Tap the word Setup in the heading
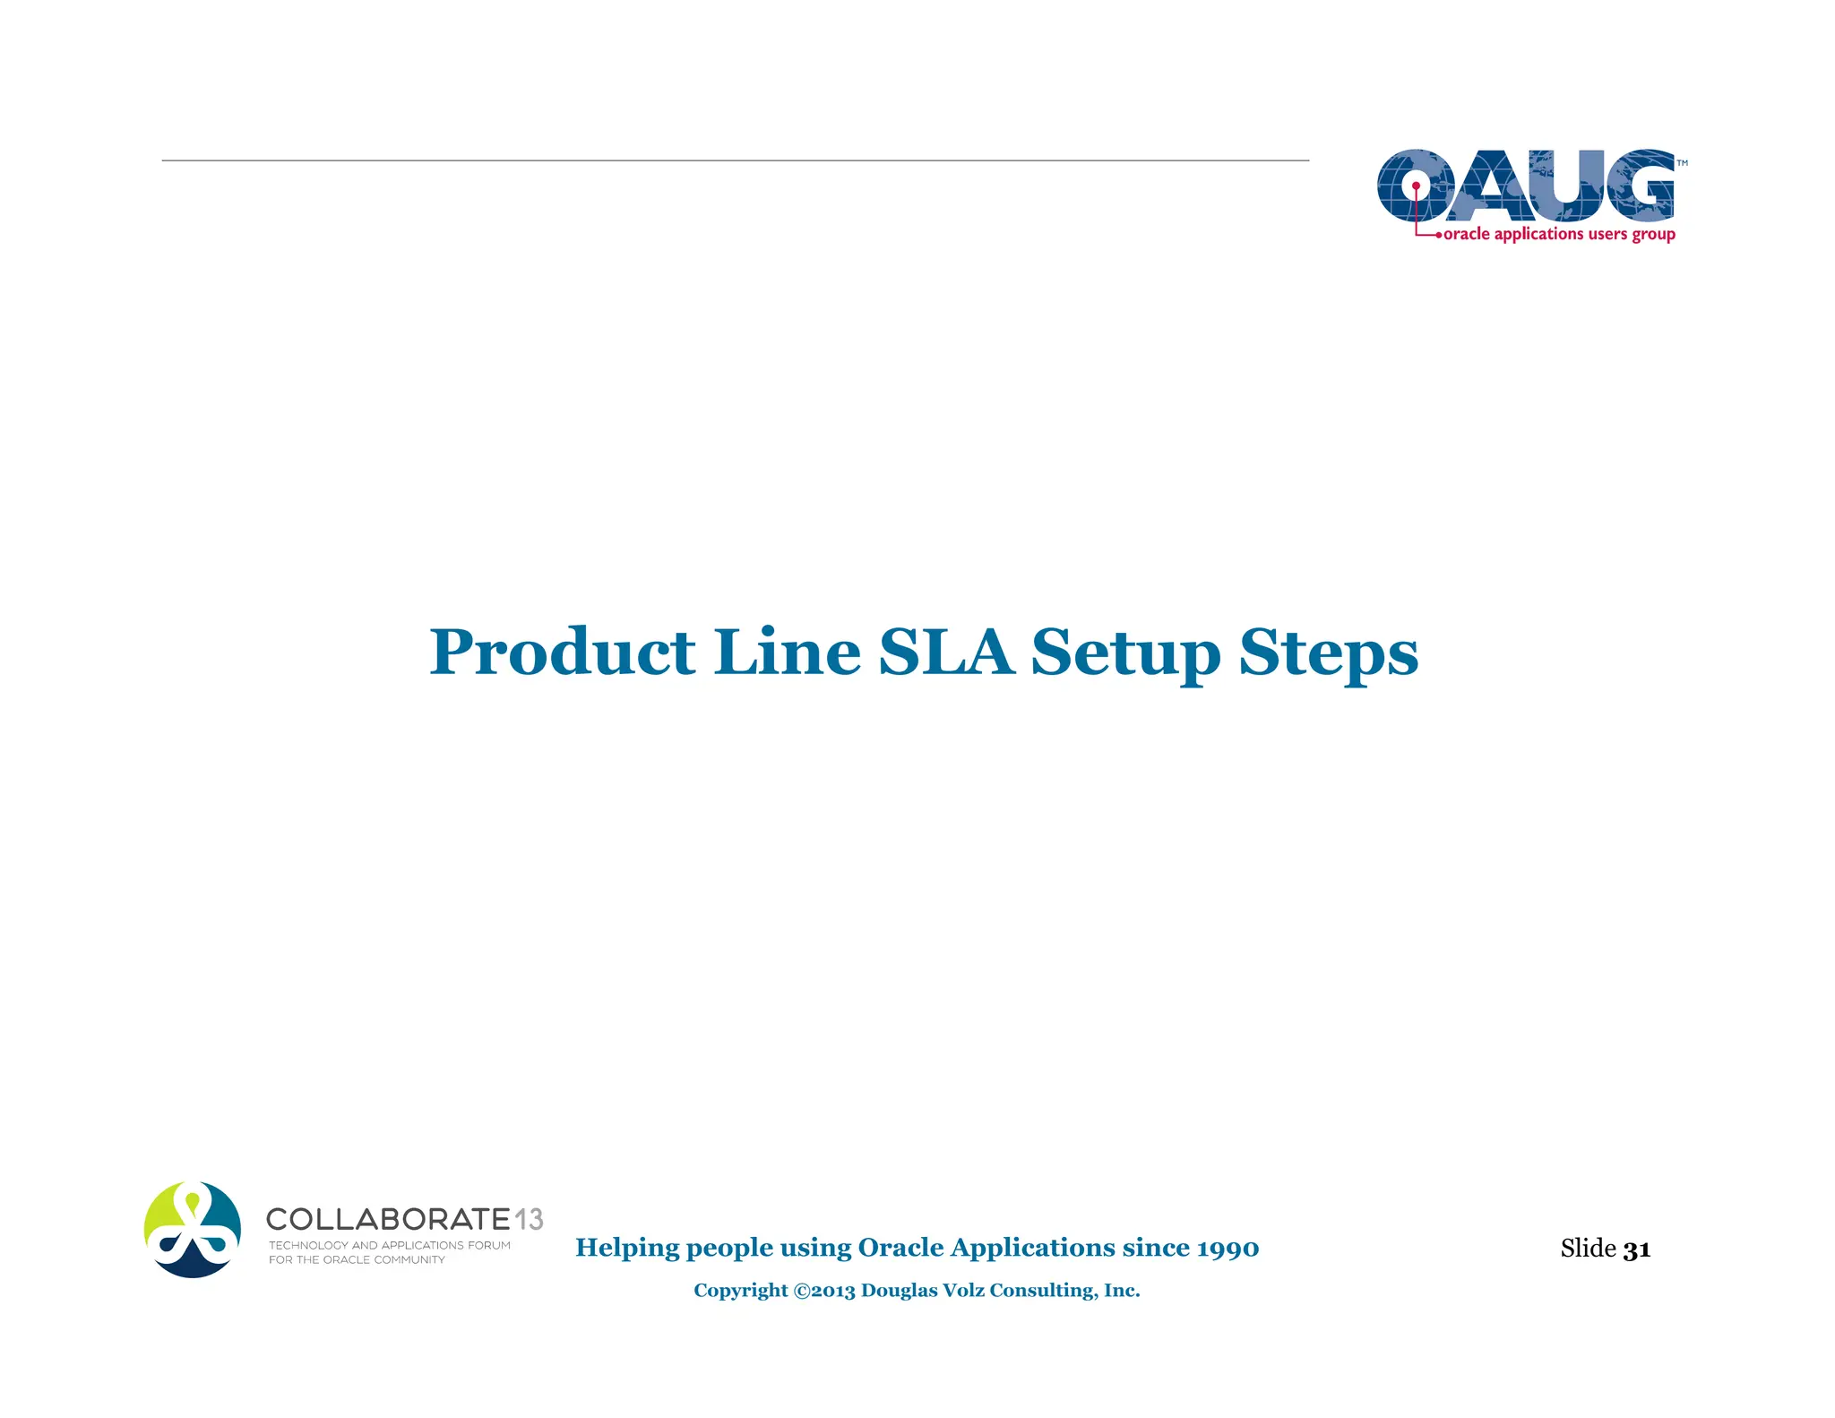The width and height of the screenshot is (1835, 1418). coord(1125,653)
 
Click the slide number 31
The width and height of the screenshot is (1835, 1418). coord(1636,1249)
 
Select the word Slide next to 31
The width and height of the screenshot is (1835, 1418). coord(1588,1248)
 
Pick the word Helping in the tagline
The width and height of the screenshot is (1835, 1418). coord(627,1249)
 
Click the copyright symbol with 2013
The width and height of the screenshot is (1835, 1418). coord(824,1291)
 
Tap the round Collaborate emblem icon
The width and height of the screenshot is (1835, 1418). coord(193,1229)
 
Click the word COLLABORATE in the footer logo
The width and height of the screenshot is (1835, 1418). coord(388,1219)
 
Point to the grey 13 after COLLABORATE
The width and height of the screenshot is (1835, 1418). coord(529,1219)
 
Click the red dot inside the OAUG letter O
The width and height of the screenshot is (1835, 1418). coord(1416,186)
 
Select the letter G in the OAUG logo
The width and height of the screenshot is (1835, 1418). coord(1639,186)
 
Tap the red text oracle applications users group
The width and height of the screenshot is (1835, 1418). coord(1559,234)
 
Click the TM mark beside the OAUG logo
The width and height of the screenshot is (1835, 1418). coord(1682,163)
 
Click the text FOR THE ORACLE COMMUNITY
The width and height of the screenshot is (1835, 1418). coord(357,1259)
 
